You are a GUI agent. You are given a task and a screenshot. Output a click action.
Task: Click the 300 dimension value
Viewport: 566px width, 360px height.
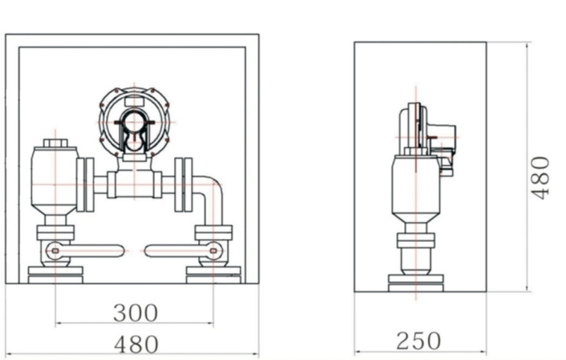[x=135, y=312]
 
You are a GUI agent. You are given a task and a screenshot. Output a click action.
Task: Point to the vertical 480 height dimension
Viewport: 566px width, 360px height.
[x=541, y=177]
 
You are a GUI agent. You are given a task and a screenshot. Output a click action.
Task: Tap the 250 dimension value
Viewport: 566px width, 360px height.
[x=419, y=340]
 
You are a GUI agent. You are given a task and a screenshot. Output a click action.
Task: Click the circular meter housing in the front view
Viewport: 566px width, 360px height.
[x=134, y=122]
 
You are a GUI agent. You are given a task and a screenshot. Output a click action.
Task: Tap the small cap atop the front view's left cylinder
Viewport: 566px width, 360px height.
[x=55, y=144]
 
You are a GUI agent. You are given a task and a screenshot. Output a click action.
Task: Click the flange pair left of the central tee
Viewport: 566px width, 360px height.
[x=85, y=185]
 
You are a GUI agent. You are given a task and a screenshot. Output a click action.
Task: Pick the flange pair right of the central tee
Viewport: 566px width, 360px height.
[x=183, y=185]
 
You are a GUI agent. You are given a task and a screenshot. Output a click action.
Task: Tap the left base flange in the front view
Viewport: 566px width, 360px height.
[x=55, y=274]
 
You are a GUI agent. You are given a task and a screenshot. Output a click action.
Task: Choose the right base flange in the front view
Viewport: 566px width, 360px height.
[x=213, y=274]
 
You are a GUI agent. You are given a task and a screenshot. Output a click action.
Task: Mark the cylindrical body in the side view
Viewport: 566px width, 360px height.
[x=415, y=185]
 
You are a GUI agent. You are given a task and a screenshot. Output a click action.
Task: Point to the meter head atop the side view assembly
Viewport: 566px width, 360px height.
[x=424, y=131]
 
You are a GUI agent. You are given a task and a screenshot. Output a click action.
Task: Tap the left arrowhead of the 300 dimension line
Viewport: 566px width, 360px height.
[x=59, y=324]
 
